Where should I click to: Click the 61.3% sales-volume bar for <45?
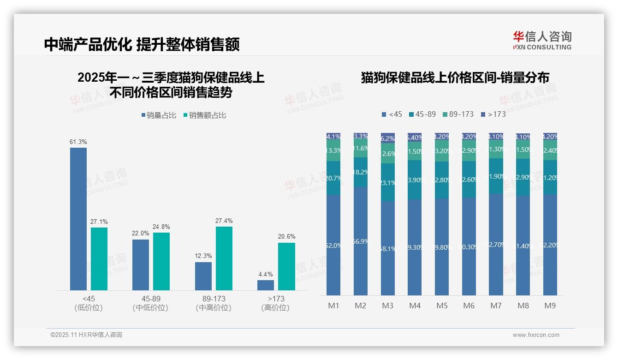point(78,219)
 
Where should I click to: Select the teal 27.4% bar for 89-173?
point(224,258)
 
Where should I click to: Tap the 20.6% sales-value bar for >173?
point(286,266)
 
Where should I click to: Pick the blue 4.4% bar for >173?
point(266,285)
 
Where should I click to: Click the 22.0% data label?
point(141,234)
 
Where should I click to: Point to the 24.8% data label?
point(162,227)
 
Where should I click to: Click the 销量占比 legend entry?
point(159,115)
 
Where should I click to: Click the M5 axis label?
point(442,306)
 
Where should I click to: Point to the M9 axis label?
point(550,306)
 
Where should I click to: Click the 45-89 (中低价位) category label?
point(151,303)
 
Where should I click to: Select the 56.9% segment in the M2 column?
point(361,241)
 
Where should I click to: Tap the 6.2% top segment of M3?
point(388,138)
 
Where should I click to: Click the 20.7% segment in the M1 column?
point(333,178)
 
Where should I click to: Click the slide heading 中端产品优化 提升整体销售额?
point(142,44)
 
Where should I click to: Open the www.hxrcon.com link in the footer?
point(536,335)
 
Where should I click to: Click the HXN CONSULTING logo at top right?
point(542,40)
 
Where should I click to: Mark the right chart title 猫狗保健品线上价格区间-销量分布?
point(455,78)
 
